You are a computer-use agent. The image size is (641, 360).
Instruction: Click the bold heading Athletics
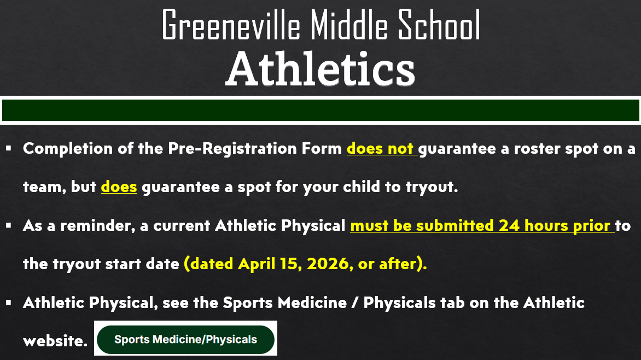coord(320,69)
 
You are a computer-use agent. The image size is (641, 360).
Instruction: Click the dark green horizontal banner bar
coord(320,110)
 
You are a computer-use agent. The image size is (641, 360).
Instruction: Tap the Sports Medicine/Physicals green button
coord(185,339)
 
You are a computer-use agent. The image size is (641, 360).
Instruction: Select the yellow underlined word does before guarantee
coord(119,187)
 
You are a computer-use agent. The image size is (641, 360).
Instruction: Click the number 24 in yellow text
coord(509,225)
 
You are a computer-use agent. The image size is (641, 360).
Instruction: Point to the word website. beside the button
coord(55,341)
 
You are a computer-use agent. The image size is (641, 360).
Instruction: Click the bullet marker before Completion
coord(9,148)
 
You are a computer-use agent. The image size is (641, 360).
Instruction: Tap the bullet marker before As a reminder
coord(9,225)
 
